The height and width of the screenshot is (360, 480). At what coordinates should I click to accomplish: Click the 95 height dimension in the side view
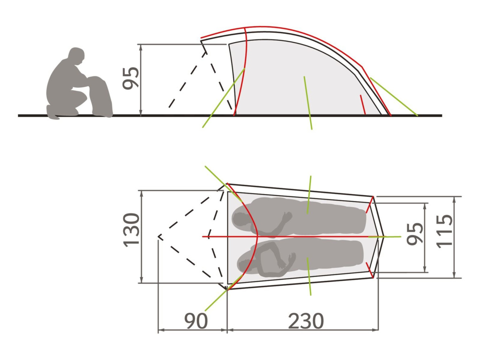pos(131,78)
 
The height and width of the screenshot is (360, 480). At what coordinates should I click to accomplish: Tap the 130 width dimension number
pos(132,230)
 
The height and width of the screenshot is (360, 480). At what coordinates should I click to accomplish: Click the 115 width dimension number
pos(444,231)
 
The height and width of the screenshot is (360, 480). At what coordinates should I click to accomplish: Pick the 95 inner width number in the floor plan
pos(415,234)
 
